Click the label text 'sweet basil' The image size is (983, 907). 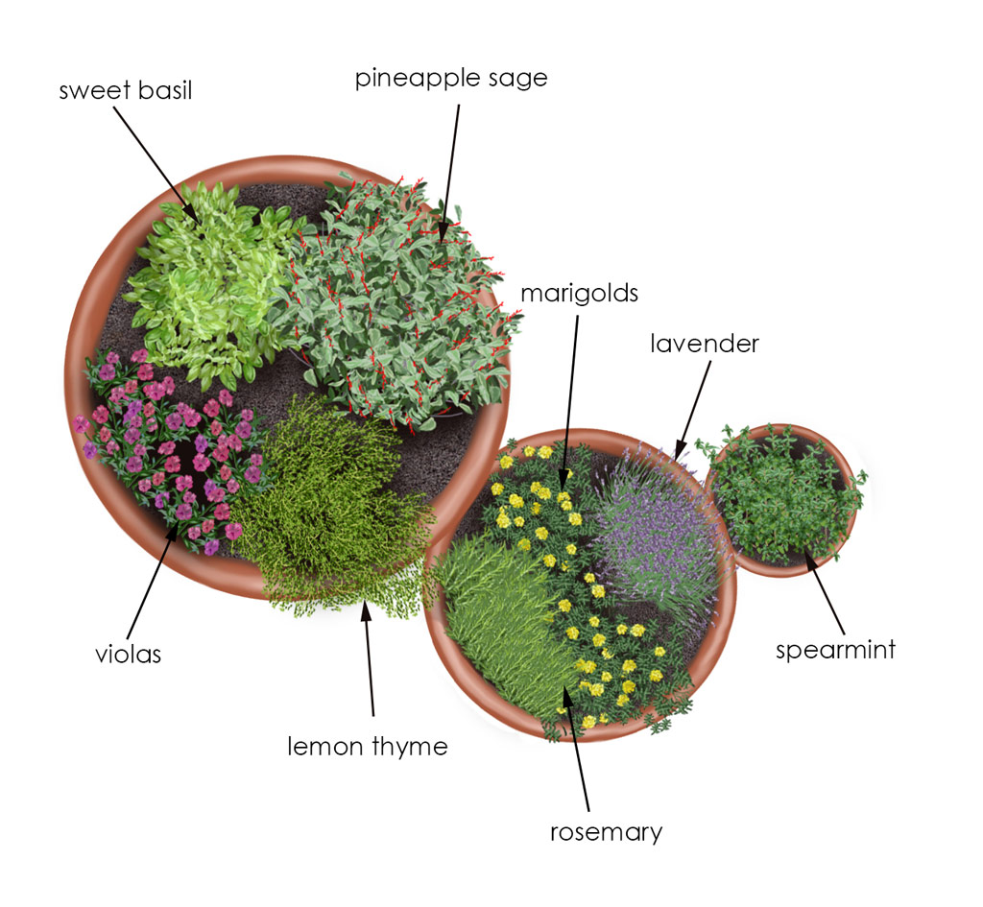[x=126, y=90]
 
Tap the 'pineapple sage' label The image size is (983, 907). [x=451, y=79]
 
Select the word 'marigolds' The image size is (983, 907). [x=579, y=294]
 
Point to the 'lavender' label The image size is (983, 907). [x=705, y=344]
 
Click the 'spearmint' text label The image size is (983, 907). [x=836, y=650]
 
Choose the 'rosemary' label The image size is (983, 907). [x=607, y=832]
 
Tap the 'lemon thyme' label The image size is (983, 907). [x=368, y=747]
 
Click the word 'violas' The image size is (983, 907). [x=128, y=655]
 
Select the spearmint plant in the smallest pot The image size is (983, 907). [x=783, y=495]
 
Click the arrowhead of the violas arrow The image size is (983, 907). [x=173, y=534]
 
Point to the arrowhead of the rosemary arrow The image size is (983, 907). [x=566, y=694]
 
